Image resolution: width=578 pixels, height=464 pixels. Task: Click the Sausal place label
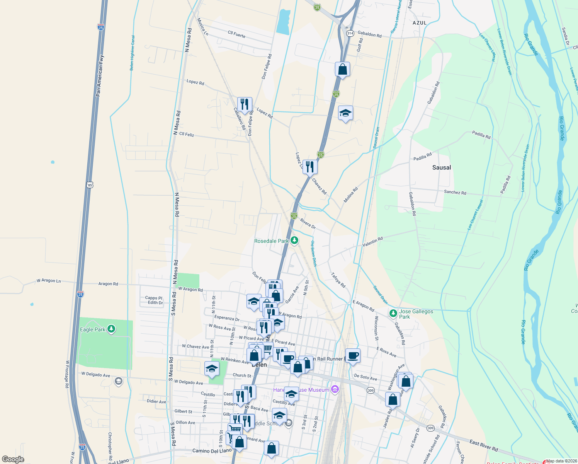(x=441, y=167)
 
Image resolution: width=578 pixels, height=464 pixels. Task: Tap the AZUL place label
(x=420, y=23)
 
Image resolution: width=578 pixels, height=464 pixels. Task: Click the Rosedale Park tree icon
(x=294, y=241)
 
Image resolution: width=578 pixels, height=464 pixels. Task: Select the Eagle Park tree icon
(x=111, y=329)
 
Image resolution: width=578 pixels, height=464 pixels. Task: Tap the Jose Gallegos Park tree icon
(x=393, y=313)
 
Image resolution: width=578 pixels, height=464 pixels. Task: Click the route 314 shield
(x=350, y=33)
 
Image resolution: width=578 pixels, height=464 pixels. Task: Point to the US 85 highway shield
(x=90, y=185)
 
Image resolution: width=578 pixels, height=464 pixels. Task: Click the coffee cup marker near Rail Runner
(x=352, y=355)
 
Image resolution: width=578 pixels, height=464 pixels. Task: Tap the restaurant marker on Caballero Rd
(x=244, y=104)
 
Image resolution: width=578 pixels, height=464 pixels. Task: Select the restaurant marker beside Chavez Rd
(x=310, y=167)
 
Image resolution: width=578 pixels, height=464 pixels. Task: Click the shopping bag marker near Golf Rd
(x=342, y=70)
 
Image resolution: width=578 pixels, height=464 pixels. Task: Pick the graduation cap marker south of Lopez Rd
(x=345, y=113)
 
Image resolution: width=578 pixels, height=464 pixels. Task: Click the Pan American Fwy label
(x=100, y=76)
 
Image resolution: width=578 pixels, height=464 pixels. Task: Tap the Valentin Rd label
(x=372, y=242)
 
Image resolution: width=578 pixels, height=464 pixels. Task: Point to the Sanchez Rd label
(x=455, y=192)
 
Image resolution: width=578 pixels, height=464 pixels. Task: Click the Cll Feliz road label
(x=187, y=134)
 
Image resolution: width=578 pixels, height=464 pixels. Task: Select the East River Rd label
(x=484, y=445)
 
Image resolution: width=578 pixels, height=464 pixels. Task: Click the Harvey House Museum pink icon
(x=335, y=389)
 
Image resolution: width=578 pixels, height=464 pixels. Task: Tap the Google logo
(x=13, y=459)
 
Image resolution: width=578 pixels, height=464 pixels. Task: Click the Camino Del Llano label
(x=212, y=451)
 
